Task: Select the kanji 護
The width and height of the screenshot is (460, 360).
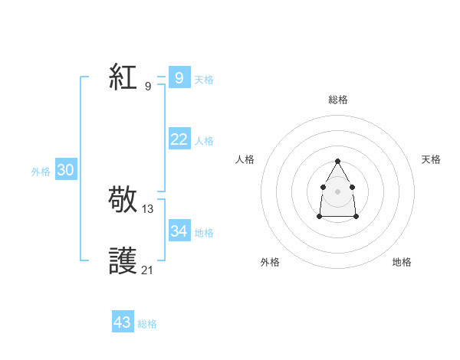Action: tap(124, 261)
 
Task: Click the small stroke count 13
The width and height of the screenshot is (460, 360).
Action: tap(148, 208)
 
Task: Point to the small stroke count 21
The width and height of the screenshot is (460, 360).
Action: tap(148, 270)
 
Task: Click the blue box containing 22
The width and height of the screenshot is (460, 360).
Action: tap(179, 139)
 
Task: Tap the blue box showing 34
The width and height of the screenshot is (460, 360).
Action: tap(179, 231)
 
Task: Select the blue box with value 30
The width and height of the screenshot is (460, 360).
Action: tap(65, 170)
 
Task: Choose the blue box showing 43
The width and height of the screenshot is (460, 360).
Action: tap(123, 322)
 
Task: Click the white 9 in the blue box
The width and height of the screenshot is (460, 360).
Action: tap(179, 77)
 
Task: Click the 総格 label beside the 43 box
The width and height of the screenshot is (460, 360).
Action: tap(147, 324)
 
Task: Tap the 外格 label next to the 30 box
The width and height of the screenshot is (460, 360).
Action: tap(41, 172)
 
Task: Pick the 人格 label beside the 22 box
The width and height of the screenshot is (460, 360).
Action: tap(204, 141)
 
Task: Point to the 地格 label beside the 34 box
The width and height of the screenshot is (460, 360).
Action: tap(204, 233)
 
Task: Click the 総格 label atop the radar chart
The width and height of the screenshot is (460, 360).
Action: tap(337, 100)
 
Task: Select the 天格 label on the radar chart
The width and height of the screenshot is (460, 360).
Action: tap(431, 159)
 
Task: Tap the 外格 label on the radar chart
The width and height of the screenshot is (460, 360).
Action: tap(270, 262)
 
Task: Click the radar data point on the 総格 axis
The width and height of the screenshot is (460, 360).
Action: tap(337, 161)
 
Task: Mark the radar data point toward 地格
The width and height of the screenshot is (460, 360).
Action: tap(356, 217)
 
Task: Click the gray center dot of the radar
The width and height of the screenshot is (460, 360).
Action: tap(337, 191)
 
